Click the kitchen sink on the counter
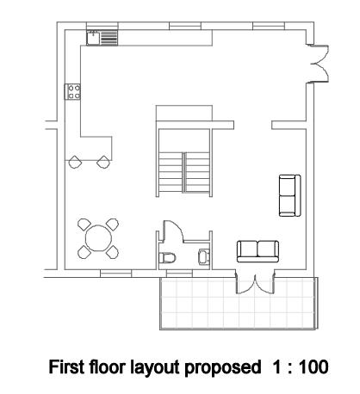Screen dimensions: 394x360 click(x=93, y=38)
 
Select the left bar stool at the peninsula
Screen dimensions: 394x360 click(x=78, y=158)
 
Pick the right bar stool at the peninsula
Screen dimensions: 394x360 click(x=103, y=158)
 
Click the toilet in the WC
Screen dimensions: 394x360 click(x=168, y=257)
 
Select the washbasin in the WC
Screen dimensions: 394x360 click(x=203, y=255)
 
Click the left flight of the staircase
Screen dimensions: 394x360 click(x=169, y=171)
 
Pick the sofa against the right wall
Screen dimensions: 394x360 click(x=287, y=195)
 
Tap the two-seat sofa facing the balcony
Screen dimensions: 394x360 click(x=258, y=250)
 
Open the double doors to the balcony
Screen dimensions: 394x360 click(x=256, y=285)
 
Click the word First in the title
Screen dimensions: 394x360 click(x=72, y=368)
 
